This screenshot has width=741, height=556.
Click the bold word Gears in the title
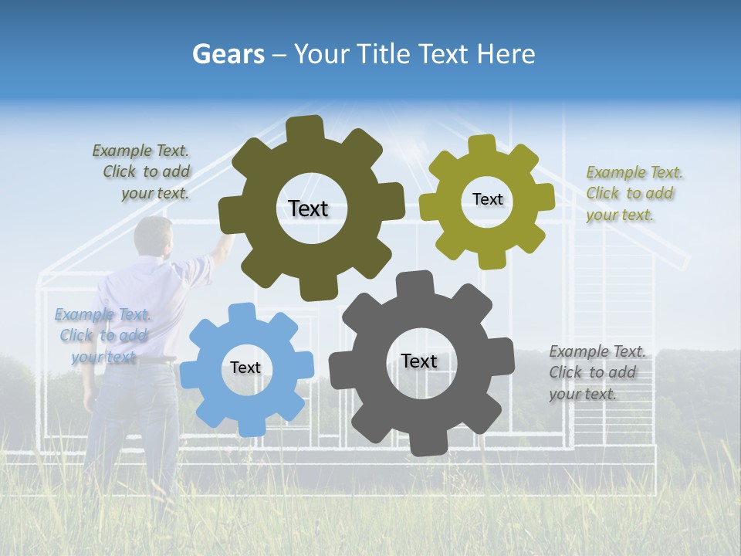tap(228, 54)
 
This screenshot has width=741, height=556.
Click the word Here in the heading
tap(506, 54)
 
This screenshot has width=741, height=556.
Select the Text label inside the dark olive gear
tap(308, 208)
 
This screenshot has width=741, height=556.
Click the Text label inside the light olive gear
tap(487, 199)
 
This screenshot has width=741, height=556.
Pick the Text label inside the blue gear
tap(245, 368)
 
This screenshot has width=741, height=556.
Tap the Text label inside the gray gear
tap(419, 361)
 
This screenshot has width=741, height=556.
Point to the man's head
tap(154, 236)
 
